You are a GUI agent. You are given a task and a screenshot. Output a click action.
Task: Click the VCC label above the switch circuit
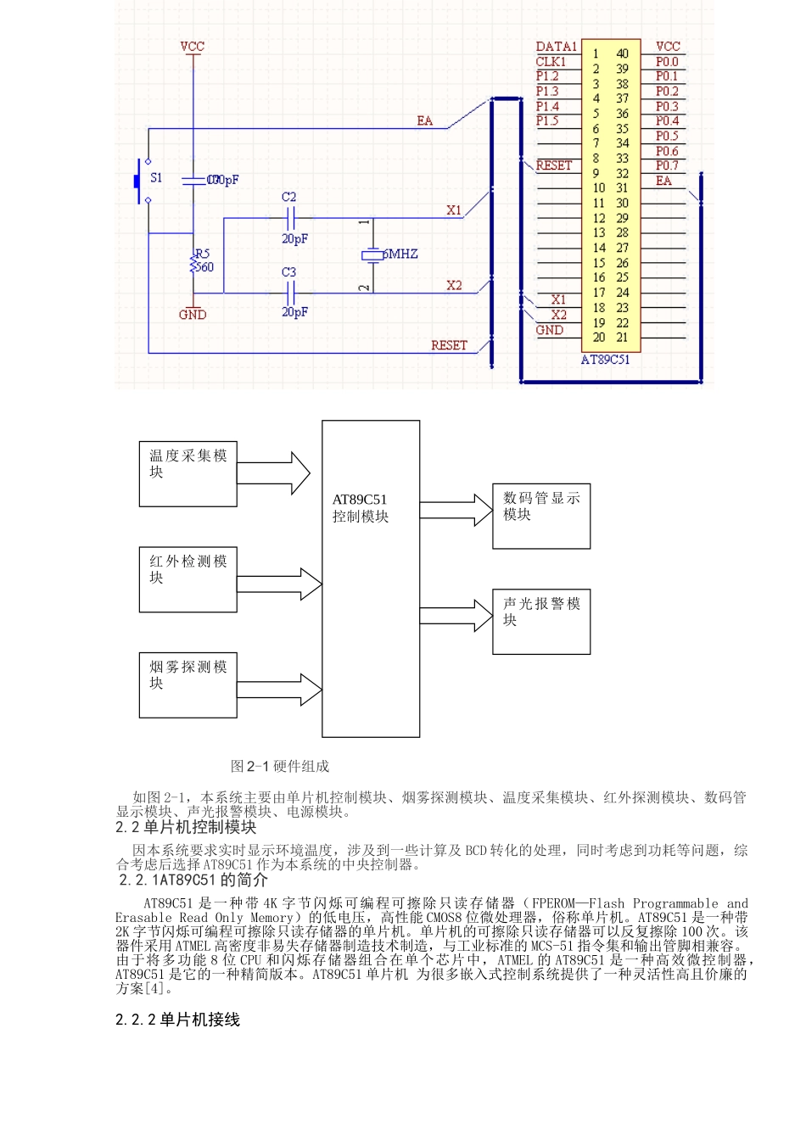[193, 47]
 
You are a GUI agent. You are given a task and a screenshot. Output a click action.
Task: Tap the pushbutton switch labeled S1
[140, 180]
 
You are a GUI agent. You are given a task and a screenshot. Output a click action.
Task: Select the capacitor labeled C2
[290, 218]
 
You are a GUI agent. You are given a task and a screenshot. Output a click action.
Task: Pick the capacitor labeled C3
[290, 293]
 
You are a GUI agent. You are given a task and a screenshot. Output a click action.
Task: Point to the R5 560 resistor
[194, 263]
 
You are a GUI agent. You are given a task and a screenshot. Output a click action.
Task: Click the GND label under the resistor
[193, 315]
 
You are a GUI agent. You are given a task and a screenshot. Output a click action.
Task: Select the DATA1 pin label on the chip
[556, 47]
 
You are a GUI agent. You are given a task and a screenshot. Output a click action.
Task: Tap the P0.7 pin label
[667, 165]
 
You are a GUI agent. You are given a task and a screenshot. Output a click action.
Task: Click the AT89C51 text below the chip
[605, 360]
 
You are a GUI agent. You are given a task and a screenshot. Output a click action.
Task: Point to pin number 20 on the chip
[598, 338]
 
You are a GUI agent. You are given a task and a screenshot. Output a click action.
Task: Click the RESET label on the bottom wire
[449, 345]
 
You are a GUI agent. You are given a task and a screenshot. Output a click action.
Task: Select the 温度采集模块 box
[188, 473]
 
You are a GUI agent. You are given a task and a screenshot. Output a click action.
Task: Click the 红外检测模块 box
[188, 579]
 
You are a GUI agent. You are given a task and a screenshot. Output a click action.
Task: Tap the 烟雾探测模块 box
[188, 685]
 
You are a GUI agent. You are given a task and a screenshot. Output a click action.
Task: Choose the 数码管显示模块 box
[541, 516]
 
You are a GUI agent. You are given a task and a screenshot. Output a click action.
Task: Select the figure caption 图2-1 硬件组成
[279, 766]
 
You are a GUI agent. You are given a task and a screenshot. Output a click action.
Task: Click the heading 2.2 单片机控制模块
[186, 827]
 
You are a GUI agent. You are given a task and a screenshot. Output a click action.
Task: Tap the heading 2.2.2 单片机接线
[177, 1020]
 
